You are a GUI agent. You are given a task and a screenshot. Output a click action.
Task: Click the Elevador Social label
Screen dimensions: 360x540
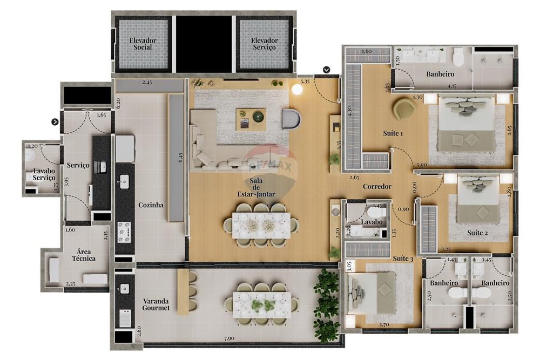(143, 44)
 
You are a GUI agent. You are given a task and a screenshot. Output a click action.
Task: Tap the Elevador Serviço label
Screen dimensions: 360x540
(264, 44)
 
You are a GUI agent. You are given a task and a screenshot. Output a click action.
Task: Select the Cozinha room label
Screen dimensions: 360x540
(151, 205)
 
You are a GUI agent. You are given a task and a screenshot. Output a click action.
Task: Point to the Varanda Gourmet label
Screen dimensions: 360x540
(156, 304)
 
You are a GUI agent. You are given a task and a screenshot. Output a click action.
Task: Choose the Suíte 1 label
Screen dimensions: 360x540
(393, 133)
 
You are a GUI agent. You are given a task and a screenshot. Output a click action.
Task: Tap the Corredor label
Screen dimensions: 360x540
(377, 187)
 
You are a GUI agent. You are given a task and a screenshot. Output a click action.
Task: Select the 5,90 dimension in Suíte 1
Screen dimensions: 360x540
(421, 166)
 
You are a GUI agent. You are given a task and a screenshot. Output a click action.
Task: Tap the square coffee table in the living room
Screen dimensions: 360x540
(251, 119)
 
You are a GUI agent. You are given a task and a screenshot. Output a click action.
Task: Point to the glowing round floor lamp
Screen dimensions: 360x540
(296, 90)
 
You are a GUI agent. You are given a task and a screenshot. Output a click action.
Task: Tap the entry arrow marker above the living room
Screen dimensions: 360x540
(327, 70)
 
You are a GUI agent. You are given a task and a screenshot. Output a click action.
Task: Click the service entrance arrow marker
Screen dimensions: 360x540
(55, 122)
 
